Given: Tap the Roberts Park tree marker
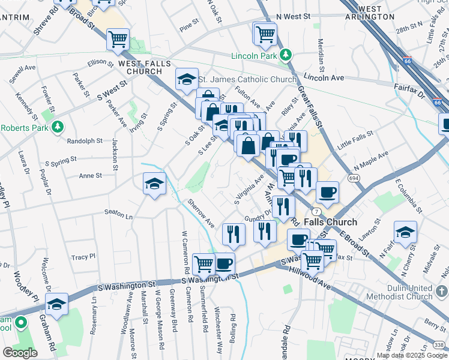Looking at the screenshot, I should pyautogui.click(x=58, y=127).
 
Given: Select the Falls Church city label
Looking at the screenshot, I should pyautogui.click(x=330, y=222).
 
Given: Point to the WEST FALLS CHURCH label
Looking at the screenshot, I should pyautogui.click(x=144, y=67).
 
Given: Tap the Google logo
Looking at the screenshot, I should pyautogui.click(x=20, y=352).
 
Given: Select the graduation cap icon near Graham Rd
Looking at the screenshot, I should pyautogui.click(x=57, y=304).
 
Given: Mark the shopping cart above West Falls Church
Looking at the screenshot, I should pyautogui.click(x=118, y=39).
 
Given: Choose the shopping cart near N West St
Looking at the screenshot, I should pyautogui.click(x=265, y=35).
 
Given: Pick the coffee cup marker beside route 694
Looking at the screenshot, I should pyautogui.click(x=327, y=192).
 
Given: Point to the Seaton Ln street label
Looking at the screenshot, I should pyautogui.click(x=118, y=214).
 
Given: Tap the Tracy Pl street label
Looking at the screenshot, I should pyautogui.click(x=83, y=257).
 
